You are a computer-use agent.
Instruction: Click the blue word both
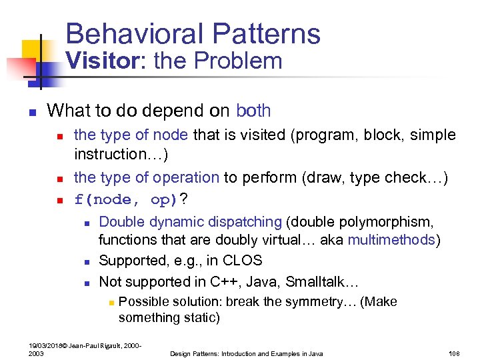tap(253, 110)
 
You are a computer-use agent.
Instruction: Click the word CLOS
tap(243, 261)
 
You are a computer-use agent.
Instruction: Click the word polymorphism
tap(396, 222)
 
